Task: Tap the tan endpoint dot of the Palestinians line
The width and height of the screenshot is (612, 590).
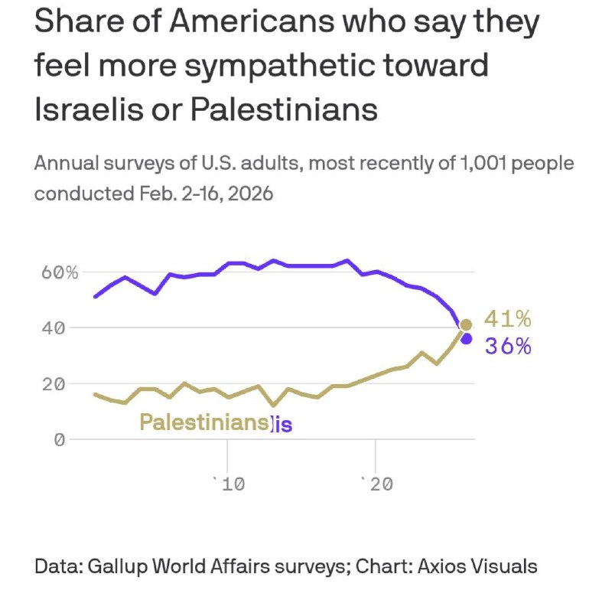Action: [x=466, y=324]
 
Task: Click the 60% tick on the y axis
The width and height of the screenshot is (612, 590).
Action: [x=60, y=272]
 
